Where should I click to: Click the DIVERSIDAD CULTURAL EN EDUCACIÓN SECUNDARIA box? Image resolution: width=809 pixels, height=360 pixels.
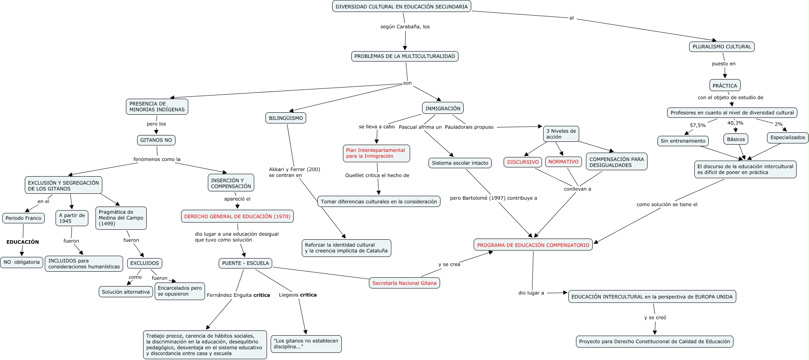tap(402, 6)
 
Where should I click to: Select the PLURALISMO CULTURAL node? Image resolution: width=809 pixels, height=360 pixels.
tap(721, 47)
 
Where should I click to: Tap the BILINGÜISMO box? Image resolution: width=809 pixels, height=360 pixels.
tap(286, 118)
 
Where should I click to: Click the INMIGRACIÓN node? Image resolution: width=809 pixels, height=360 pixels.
tap(442, 108)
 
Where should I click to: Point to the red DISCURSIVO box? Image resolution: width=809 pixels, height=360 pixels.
tap(523, 162)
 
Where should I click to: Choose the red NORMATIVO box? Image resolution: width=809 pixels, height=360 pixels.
tap(563, 161)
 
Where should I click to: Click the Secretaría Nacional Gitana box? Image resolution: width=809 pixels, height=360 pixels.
tap(404, 283)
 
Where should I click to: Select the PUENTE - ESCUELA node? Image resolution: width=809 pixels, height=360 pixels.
tap(245, 263)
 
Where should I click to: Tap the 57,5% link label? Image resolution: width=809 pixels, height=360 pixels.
tap(697, 125)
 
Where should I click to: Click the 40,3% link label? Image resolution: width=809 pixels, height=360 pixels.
tap(735, 123)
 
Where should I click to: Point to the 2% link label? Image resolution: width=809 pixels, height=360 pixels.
tap(778, 124)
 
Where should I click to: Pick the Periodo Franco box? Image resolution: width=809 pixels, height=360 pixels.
tap(24, 218)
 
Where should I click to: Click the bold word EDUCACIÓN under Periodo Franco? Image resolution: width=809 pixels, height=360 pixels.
tap(23, 242)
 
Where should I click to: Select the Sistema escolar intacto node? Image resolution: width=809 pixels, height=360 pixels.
tap(460, 163)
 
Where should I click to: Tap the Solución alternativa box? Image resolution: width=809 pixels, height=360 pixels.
tap(126, 292)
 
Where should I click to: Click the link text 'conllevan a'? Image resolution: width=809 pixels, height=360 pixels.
tap(577, 189)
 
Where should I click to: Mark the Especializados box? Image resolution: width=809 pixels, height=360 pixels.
tap(787, 137)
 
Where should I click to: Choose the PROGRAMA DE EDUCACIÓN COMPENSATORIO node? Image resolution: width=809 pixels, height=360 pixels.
tap(533, 245)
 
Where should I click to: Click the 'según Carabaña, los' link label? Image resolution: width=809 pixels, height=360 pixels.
tap(405, 27)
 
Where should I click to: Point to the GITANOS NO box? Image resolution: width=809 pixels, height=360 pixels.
tap(156, 140)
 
